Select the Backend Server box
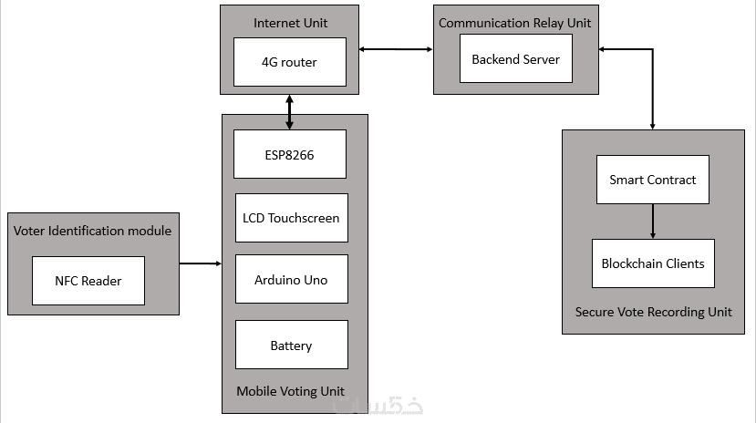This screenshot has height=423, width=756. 515,58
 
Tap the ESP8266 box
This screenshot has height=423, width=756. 290,154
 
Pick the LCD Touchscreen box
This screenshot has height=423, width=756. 291,218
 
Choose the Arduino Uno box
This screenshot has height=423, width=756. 291,279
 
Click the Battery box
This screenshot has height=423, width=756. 291,345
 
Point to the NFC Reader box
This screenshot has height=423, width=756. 88,281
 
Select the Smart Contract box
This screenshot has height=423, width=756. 652,180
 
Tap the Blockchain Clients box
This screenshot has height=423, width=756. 652,263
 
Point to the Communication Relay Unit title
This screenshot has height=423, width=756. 515,22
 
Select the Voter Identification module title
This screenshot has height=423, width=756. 92,231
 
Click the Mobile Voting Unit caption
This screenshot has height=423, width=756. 290,391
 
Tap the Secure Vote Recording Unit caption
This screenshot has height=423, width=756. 653,312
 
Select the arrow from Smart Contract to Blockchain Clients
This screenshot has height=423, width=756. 653,222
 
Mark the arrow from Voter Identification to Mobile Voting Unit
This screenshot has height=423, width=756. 201,263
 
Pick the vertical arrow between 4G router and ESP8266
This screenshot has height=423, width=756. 290,113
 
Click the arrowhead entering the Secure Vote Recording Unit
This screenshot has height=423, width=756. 653,125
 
